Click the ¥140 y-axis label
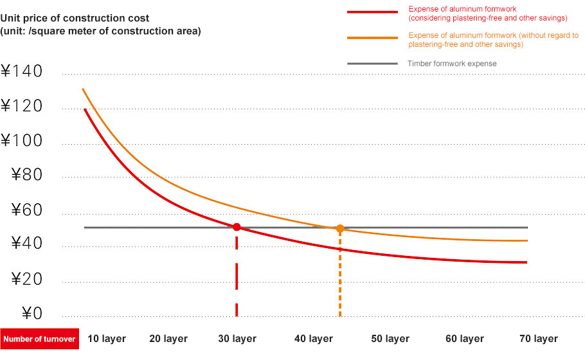[22, 71]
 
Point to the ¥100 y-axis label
[22, 141]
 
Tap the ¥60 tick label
[27, 210]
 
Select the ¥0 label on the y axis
[32, 313]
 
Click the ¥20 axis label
[27, 279]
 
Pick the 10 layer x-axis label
[107, 339]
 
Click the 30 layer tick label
[237, 339]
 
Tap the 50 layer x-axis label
[390, 339]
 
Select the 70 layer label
[539, 339]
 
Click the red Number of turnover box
[40, 339]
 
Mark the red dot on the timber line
[237, 227]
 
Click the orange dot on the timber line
[340, 228]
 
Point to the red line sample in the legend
[372, 12]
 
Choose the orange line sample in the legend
[372, 38]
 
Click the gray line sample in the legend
[372, 64]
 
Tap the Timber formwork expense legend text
[452, 64]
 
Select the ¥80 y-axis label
[27, 175]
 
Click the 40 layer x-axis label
[314, 339]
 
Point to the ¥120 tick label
[22, 106]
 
